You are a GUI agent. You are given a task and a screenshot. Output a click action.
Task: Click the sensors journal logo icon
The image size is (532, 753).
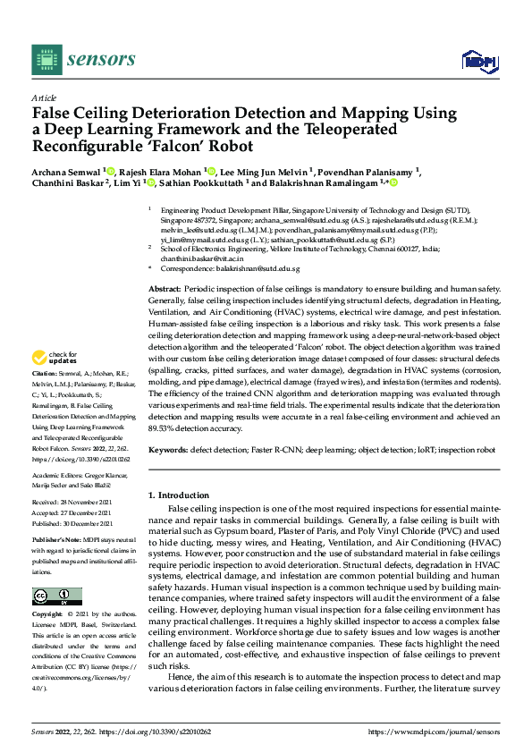(x=45, y=60)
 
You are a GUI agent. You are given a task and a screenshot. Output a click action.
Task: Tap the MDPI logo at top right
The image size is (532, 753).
(x=477, y=60)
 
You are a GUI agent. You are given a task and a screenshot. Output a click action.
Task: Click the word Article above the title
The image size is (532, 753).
(x=44, y=97)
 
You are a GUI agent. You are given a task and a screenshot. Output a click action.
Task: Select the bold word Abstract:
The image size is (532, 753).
(x=164, y=266)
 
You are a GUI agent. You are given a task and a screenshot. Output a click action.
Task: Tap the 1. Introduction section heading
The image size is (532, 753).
(x=179, y=495)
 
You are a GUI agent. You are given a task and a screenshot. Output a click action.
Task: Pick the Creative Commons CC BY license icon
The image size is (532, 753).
(x=57, y=596)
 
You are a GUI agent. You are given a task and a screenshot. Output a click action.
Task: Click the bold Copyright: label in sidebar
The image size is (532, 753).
(x=48, y=615)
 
